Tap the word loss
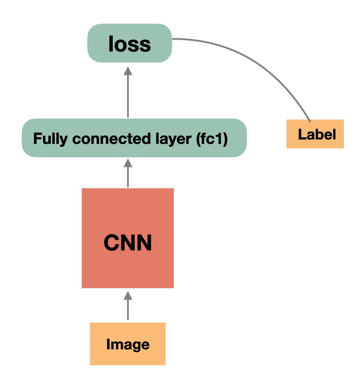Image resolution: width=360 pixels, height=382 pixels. [x=130, y=44]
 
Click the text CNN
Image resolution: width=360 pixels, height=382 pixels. [x=127, y=243]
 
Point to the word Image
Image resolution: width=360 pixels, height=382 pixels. [x=128, y=344]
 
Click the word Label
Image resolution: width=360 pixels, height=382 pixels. [x=317, y=134]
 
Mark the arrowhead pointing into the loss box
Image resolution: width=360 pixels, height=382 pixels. [x=128, y=71]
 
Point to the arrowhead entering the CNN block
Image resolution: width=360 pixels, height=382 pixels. [x=128, y=295]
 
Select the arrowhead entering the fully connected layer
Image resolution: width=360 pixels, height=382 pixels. [x=128, y=163]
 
